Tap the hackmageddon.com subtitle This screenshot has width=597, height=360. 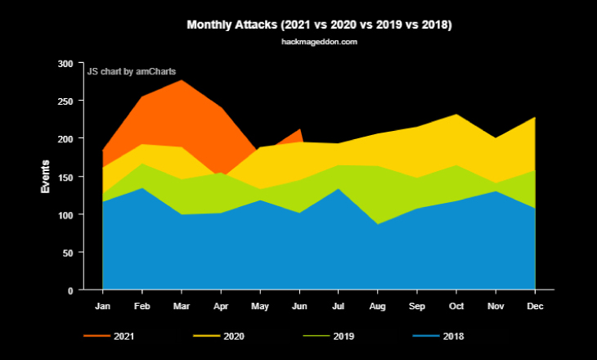(320, 42)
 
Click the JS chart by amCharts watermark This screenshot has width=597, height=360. (132, 72)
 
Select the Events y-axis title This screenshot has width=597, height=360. (45, 177)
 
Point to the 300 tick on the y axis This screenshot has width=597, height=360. (65, 64)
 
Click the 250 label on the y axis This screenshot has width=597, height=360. (65, 101)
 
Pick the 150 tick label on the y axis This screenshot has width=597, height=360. (65, 178)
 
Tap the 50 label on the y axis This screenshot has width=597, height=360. (68, 253)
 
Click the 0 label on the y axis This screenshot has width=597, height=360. (70, 291)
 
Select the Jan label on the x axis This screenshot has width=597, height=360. (102, 306)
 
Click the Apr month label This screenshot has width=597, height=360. (221, 306)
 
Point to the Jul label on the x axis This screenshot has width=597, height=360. (338, 306)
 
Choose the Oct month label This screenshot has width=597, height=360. (456, 306)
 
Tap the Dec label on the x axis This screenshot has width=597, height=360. (535, 306)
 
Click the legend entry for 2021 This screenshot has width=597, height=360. (109, 336)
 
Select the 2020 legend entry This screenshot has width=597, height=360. (218, 336)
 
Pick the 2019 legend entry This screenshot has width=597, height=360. (328, 336)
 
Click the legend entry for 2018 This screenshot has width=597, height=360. (438, 336)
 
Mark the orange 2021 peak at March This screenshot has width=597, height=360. (182, 80)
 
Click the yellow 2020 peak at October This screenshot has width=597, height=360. (456, 115)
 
